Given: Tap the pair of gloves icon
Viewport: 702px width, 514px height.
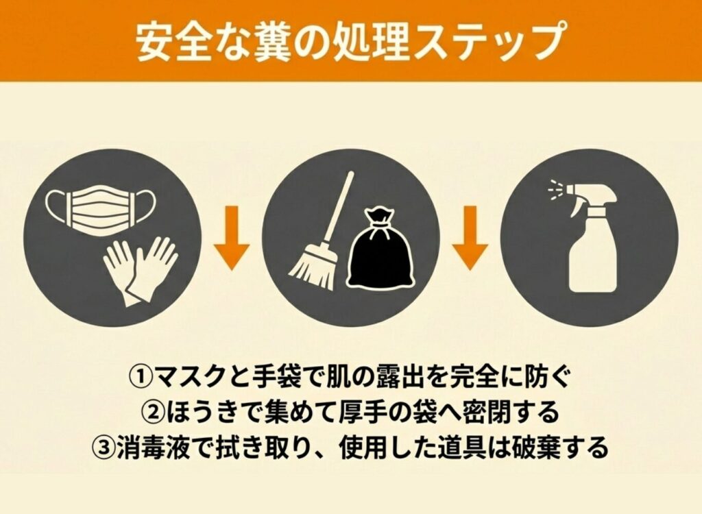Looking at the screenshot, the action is coord(141,271).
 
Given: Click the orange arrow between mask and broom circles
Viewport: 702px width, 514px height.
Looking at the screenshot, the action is coord(231,237).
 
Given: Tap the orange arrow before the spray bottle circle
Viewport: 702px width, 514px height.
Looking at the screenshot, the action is coord(470,237).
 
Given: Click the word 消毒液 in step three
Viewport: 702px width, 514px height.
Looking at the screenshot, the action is coord(154,447).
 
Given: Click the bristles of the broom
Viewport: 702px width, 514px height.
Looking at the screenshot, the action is coord(313,269).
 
